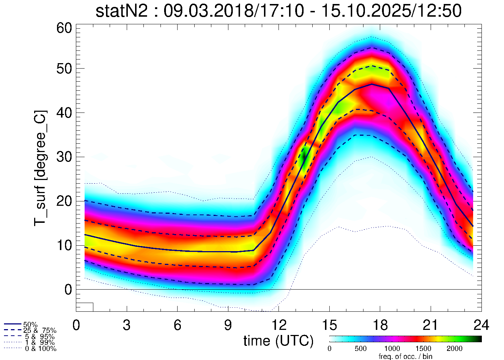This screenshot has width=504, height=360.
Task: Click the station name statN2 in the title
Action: pos(121,11)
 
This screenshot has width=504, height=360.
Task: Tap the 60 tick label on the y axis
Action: pos(64,28)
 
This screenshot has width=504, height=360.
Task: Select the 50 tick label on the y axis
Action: pos(64,69)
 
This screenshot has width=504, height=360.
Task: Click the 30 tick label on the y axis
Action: pos(64,157)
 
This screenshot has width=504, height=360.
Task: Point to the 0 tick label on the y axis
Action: pos(68,290)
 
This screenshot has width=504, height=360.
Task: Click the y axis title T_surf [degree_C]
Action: pos(40,168)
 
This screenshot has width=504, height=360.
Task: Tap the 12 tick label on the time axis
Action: pos(279,325)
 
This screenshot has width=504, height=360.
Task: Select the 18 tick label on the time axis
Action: pos(380,325)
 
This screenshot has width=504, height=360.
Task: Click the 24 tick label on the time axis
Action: pos(481,325)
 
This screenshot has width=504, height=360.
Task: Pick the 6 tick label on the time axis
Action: pos(177,325)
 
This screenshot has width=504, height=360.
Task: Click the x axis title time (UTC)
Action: pos(279,341)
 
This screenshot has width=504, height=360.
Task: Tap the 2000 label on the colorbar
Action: pos(454,349)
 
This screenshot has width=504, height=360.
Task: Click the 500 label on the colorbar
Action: pos(361,349)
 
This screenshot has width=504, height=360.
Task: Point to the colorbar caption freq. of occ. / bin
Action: pos(406,356)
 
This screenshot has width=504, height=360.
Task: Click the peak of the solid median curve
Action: pos(371,84)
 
